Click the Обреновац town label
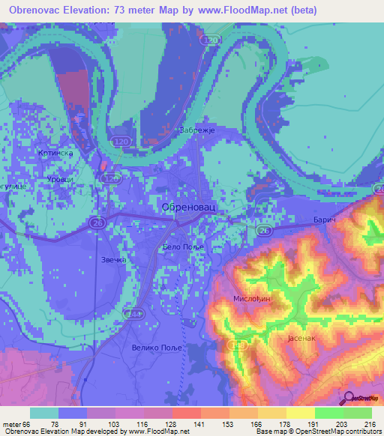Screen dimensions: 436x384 188,207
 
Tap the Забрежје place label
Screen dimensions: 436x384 198,130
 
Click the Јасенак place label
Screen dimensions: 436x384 304,339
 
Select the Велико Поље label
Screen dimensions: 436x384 157,347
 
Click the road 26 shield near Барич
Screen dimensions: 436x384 263,231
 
